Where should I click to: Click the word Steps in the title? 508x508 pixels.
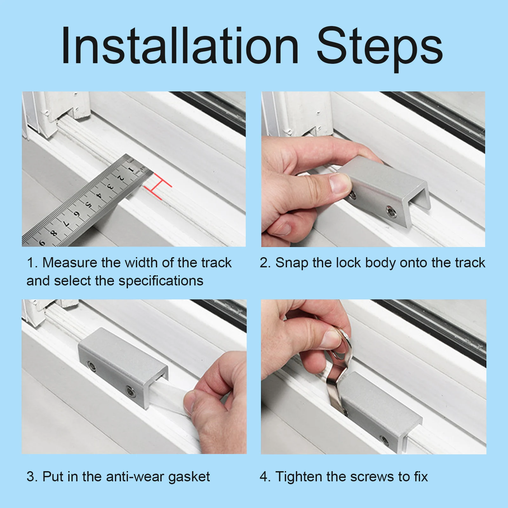pos(380,49)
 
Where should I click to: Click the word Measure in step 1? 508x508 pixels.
pos(70,263)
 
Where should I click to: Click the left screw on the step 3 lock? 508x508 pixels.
pos(92,367)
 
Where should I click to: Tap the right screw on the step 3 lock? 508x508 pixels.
pos(130,391)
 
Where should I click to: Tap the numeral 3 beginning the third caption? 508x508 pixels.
pos(30,477)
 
